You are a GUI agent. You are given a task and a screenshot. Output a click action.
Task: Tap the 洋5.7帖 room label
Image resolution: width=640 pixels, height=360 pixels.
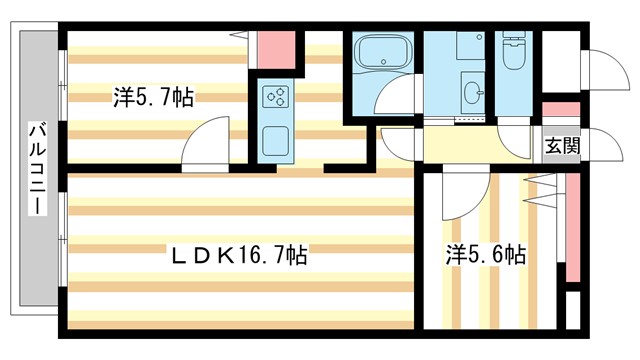[152, 98]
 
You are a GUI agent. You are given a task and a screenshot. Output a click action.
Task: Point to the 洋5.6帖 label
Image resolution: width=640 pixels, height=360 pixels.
[485, 256]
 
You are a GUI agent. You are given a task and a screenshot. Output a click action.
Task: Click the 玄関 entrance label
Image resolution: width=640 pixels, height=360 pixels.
[561, 144]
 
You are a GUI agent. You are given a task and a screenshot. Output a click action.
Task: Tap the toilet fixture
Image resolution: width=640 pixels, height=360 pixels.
[513, 55]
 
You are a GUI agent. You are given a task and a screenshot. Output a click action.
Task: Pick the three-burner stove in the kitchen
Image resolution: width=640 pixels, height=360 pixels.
[276, 98]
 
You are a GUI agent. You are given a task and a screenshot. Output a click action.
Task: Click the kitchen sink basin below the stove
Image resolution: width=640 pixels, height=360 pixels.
[275, 139]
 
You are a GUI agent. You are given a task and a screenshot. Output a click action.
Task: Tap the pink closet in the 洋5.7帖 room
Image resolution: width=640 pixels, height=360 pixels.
[274, 47]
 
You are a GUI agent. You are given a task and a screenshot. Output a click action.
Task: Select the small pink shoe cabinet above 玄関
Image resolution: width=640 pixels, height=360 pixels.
[560, 111]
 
